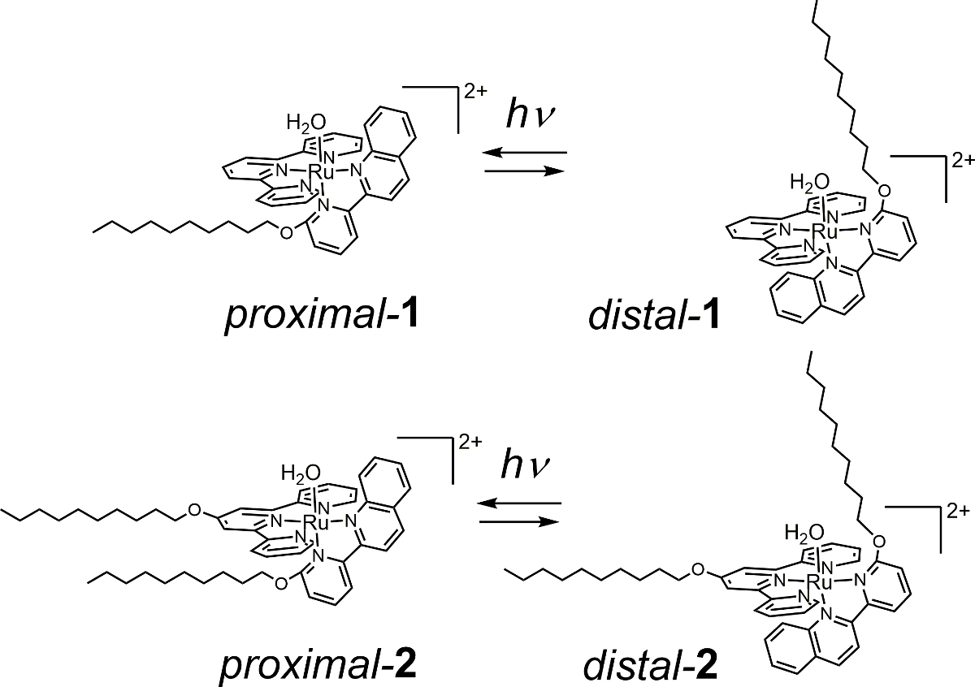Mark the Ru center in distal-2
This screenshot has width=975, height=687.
[821, 581]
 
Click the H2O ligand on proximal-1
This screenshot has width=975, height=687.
[306, 123]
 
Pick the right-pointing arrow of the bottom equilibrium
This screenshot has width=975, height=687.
[521, 521]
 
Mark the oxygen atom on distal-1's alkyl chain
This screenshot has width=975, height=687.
[885, 191]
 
